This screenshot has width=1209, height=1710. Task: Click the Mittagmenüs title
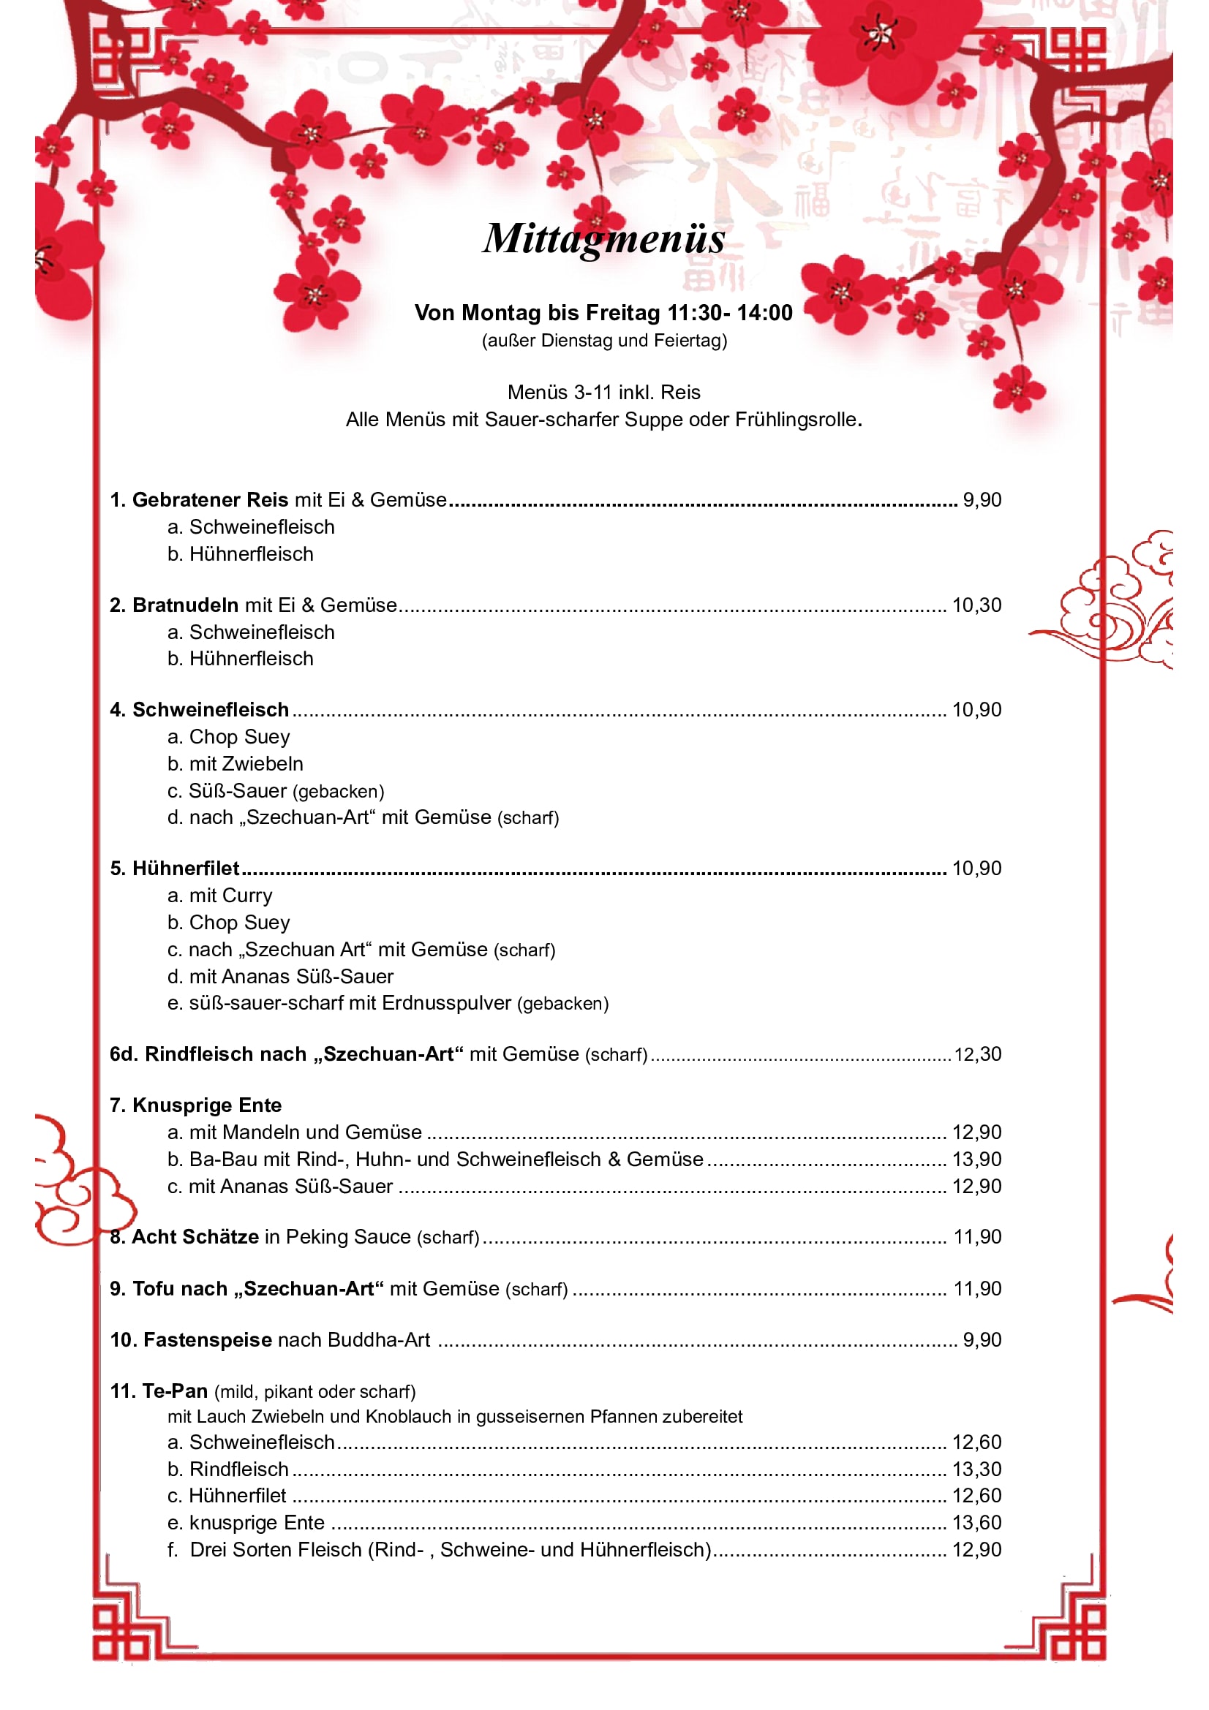(603, 238)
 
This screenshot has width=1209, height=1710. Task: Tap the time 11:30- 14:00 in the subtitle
(729, 313)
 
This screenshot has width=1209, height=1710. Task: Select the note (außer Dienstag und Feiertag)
(604, 341)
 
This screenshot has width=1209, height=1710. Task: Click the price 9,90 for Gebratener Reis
(982, 500)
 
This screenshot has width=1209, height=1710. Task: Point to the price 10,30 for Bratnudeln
(976, 605)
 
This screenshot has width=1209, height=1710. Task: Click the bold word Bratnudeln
(185, 605)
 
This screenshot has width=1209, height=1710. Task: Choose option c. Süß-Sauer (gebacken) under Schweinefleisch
(276, 791)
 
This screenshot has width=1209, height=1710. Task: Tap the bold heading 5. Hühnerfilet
(175, 869)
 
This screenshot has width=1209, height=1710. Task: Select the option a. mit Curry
(219, 896)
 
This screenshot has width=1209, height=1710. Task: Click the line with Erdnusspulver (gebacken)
(388, 1003)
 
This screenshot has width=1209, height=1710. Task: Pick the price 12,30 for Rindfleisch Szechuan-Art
(977, 1055)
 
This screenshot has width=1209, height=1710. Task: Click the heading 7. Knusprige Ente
(196, 1105)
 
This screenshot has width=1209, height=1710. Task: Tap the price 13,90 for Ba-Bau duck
(976, 1159)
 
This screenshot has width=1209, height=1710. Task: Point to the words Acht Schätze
(195, 1237)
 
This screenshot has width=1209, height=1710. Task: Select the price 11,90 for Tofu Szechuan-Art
(977, 1288)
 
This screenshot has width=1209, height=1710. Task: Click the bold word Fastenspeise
(207, 1340)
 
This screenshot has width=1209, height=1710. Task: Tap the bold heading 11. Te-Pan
(159, 1391)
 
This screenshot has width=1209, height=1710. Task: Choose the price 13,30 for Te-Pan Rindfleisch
(976, 1469)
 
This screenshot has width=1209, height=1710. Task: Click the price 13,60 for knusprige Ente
(976, 1522)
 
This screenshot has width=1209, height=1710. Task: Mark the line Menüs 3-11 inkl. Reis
(603, 393)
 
